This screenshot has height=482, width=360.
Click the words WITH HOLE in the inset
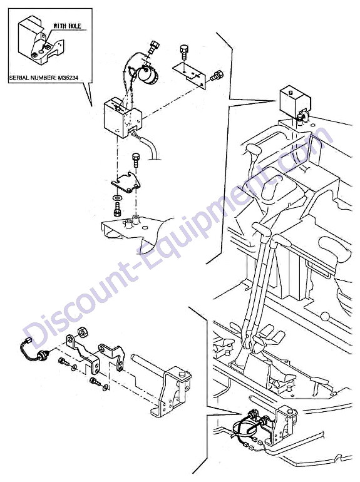67,26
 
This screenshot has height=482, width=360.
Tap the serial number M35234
68,78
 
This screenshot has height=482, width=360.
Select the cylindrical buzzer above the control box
148,74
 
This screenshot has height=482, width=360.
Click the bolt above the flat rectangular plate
183,52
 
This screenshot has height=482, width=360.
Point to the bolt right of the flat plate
217,75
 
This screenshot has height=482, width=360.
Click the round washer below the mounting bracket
117,197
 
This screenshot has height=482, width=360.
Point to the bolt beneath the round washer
117,210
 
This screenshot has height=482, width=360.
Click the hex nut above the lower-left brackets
82,332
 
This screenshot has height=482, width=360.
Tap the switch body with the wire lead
41,356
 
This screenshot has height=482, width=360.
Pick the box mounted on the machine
294,101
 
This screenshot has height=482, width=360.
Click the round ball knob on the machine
324,317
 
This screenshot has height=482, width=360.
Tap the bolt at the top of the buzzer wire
154,47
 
